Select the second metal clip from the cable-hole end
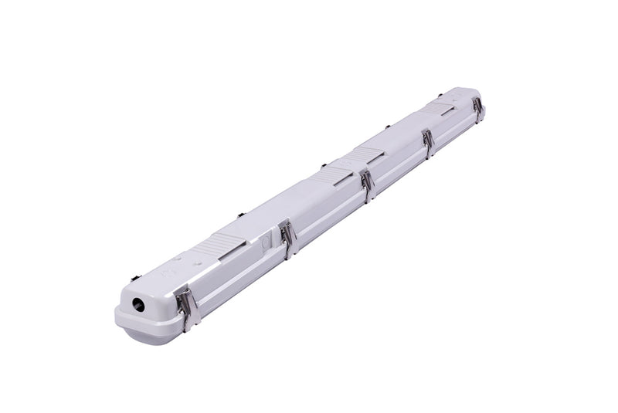coord(288,238)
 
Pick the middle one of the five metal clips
coord(367,184)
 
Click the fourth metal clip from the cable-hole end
coord(428,143)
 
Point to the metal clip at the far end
coord(478,110)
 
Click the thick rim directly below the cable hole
coord(139,321)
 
